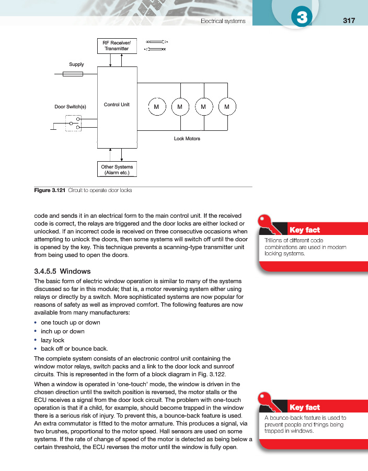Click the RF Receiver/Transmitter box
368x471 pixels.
click(117, 46)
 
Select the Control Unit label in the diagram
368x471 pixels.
click(117, 105)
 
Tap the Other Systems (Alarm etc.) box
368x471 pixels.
click(117, 170)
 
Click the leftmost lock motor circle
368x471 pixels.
click(156, 107)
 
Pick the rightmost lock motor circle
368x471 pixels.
click(227, 107)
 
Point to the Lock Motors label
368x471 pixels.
click(187, 139)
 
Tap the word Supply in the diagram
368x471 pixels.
click(77, 64)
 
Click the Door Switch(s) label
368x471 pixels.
click(70, 107)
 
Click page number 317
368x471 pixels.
click(349, 20)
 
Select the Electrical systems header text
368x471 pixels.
click(223, 21)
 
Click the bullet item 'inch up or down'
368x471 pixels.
click(62, 331)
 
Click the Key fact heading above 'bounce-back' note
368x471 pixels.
click(304, 407)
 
